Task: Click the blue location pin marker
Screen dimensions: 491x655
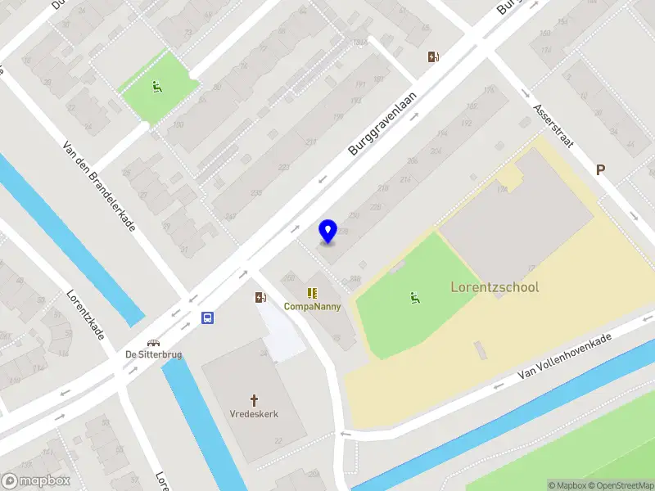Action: (x=327, y=232)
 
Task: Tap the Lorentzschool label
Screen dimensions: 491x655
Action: (x=495, y=287)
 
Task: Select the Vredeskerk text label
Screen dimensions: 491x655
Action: (x=254, y=414)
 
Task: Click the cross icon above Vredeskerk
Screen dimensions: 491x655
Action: (x=254, y=400)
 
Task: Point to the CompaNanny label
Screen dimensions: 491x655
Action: (x=312, y=306)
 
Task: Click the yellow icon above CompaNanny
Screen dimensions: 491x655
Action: (x=312, y=293)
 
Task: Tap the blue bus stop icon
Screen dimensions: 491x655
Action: (x=209, y=318)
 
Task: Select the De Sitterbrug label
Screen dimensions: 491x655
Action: (x=153, y=355)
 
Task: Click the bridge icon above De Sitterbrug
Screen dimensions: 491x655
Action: (x=153, y=343)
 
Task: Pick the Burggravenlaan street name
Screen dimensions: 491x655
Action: (x=382, y=124)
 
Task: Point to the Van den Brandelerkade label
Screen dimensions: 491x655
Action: (x=99, y=185)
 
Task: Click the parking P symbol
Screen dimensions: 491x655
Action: (x=600, y=170)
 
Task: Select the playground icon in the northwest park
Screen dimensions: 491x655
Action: (x=156, y=86)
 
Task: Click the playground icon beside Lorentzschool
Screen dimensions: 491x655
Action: (x=415, y=298)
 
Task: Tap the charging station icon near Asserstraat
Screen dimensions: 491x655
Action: (x=434, y=57)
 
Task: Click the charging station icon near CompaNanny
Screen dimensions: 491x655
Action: (x=260, y=298)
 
